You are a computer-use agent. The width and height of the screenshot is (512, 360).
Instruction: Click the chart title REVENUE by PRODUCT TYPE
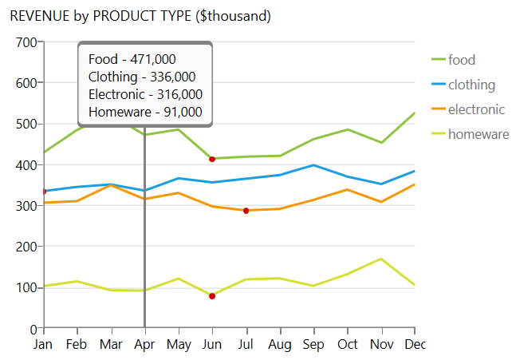(140, 16)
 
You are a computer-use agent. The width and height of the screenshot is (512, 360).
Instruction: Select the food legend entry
(462, 60)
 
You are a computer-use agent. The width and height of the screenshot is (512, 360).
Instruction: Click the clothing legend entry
(471, 85)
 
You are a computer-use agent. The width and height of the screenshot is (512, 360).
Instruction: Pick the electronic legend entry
(476, 109)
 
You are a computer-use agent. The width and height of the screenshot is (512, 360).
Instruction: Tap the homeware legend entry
(478, 134)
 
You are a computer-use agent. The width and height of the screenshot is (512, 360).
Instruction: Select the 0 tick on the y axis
(33, 328)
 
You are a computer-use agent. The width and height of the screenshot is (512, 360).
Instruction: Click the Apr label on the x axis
(144, 345)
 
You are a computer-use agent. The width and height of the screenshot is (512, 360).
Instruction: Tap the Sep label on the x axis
(313, 345)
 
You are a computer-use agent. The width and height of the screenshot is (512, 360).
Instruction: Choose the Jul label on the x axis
(246, 345)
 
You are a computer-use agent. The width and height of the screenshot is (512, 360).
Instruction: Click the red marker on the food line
(212, 159)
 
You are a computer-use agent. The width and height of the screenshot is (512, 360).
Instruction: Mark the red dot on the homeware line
(212, 296)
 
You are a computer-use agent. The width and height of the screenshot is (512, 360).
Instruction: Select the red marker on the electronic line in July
(246, 211)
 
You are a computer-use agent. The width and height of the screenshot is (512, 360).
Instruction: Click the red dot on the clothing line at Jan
(44, 192)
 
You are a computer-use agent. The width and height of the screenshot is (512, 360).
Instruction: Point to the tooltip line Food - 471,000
(132, 59)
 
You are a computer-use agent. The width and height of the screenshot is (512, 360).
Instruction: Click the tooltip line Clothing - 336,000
(142, 77)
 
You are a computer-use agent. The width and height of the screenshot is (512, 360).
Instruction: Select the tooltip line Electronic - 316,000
(145, 94)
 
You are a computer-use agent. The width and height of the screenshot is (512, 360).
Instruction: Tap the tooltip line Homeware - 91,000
(145, 112)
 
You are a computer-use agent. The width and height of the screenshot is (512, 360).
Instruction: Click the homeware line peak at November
(381, 259)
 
